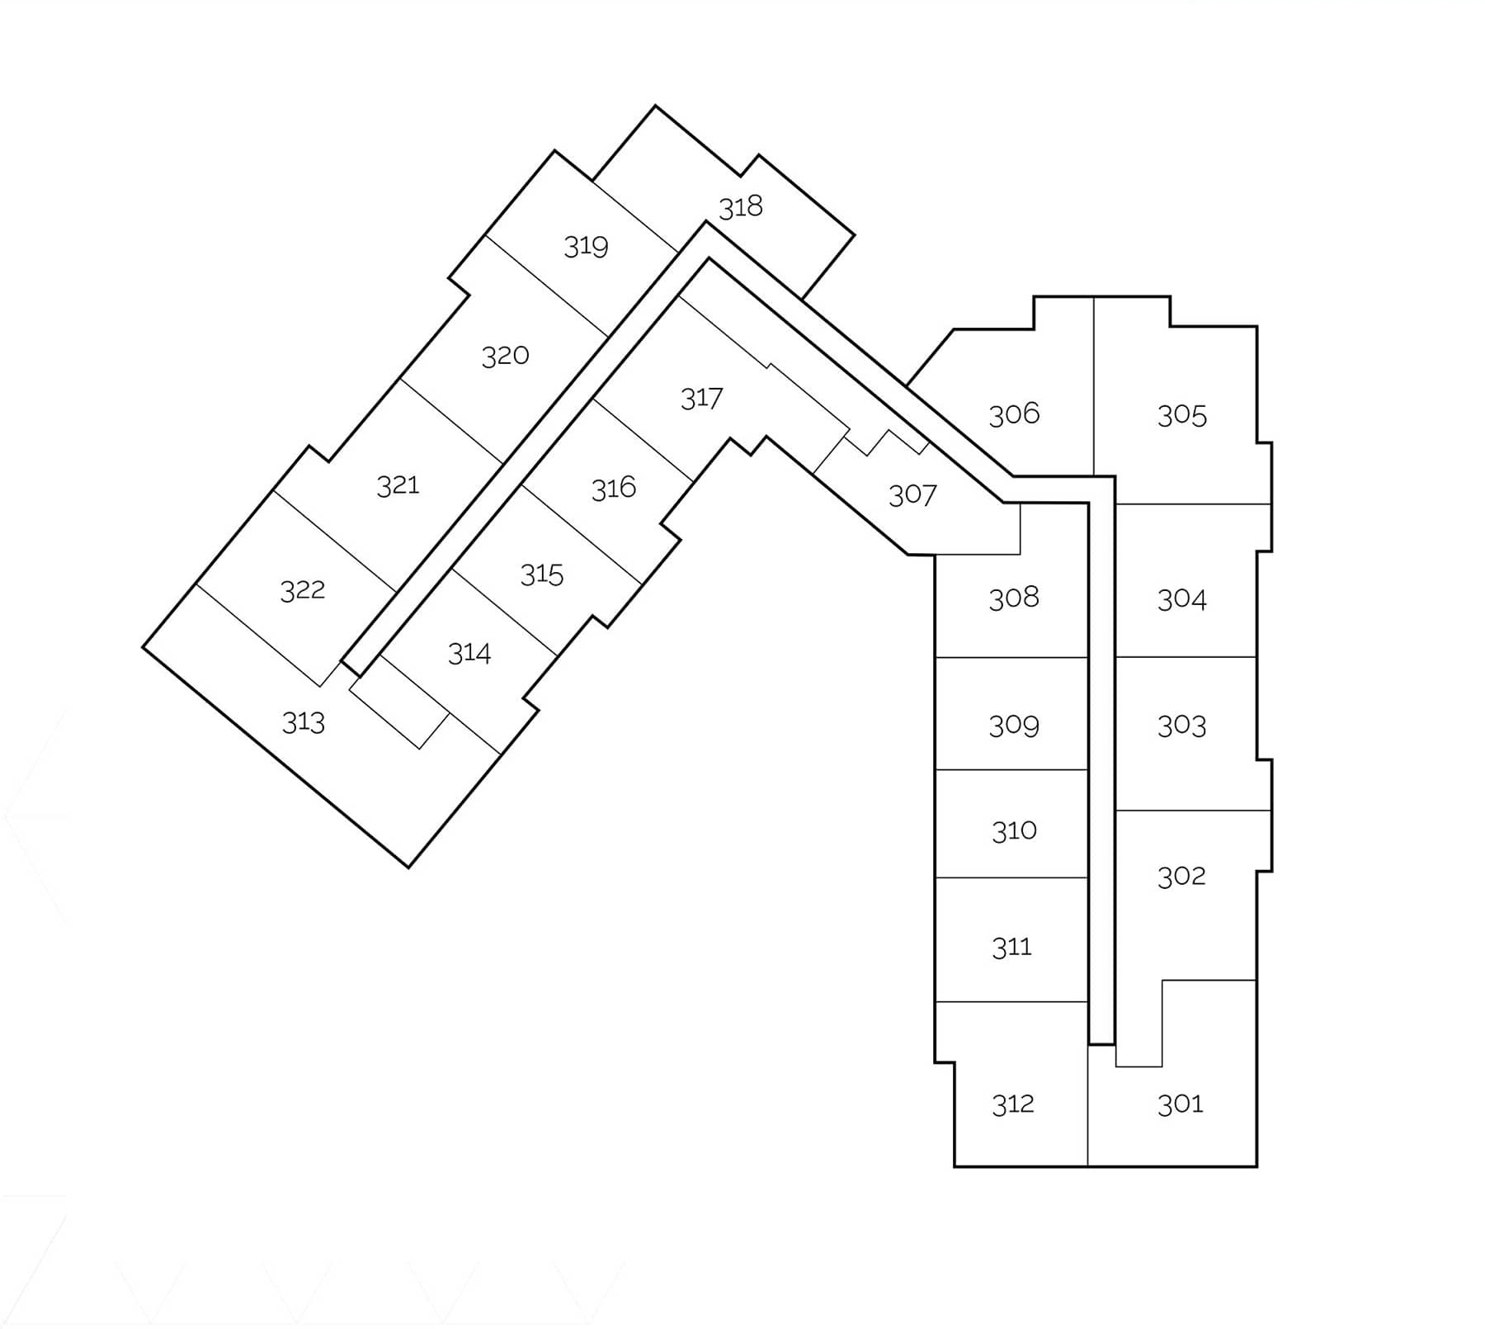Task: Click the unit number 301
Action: click(x=1181, y=1104)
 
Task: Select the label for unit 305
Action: click(x=1181, y=415)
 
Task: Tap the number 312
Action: click(x=1012, y=1104)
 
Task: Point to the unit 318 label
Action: click(x=741, y=206)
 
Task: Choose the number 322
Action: click(x=303, y=590)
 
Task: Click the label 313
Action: click(x=304, y=722)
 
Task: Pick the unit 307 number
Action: click(x=912, y=495)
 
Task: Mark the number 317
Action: click(x=701, y=399)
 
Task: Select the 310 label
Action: click(x=1014, y=830)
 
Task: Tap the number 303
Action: click(x=1181, y=726)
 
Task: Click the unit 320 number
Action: click(x=505, y=357)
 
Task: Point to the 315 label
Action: click(x=542, y=575)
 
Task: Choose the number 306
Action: click(x=1014, y=414)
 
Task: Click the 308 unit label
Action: click(x=1014, y=598)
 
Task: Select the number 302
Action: click(x=1181, y=876)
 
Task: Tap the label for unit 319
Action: click(x=586, y=246)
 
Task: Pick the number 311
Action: click(x=1011, y=947)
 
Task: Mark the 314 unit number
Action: click(x=469, y=654)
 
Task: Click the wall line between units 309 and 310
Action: click(x=1011, y=770)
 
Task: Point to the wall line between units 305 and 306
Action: click(x=1094, y=386)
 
